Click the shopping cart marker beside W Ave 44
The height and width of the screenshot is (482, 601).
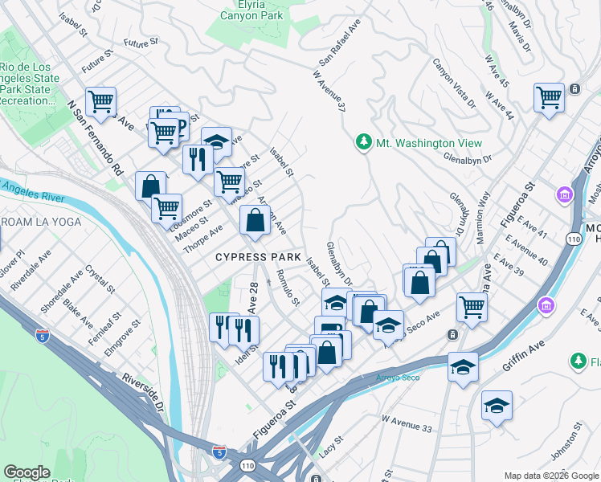(549, 98)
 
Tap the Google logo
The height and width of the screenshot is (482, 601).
(27, 472)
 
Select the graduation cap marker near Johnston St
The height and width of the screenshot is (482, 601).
(497, 405)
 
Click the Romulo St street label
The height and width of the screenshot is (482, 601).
(288, 289)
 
